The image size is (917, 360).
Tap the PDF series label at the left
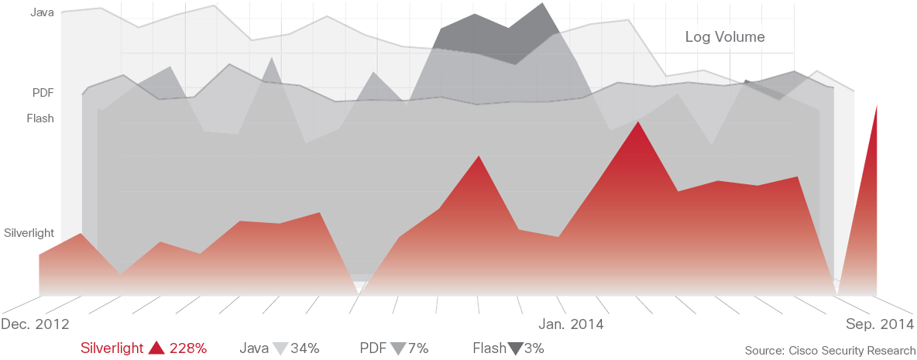tap(43, 93)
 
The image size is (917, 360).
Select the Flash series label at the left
tap(40, 118)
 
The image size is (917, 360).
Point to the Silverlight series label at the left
tap(29, 232)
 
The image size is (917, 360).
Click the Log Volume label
tap(725, 36)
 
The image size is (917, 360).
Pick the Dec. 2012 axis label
tap(36, 323)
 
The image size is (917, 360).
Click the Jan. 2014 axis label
tap(571, 323)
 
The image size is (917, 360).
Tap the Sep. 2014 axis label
tap(878, 323)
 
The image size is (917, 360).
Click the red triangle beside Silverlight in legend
tap(156, 348)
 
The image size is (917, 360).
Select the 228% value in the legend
tap(188, 348)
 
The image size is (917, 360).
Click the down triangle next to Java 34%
tap(280, 348)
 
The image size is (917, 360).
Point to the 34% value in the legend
tap(304, 348)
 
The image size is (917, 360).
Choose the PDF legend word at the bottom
tap(373, 348)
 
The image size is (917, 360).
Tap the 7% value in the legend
tap(417, 348)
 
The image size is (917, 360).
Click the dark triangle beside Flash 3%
tap(515, 348)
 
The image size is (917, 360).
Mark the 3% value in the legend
tap(534, 348)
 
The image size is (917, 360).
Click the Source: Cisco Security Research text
tap(829, 351)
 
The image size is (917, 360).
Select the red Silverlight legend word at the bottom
tap(112, 348)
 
